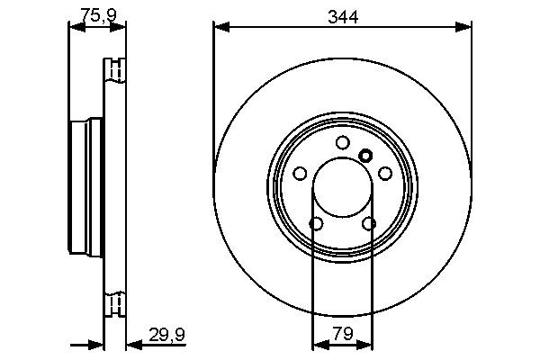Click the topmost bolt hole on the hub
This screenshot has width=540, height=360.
[342, 142]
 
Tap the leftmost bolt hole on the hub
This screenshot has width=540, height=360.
[300, 174]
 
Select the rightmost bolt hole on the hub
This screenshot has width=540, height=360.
[384, 173]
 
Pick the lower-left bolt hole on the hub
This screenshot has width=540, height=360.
[316, 223]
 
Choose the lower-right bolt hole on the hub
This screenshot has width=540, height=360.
[368, 223]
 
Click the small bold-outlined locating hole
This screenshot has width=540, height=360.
[364, 155]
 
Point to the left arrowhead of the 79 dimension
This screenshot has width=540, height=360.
[318, 343]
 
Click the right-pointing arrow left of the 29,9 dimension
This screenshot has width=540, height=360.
[97, 343]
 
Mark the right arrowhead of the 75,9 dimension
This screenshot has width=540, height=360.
[121, 28]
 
